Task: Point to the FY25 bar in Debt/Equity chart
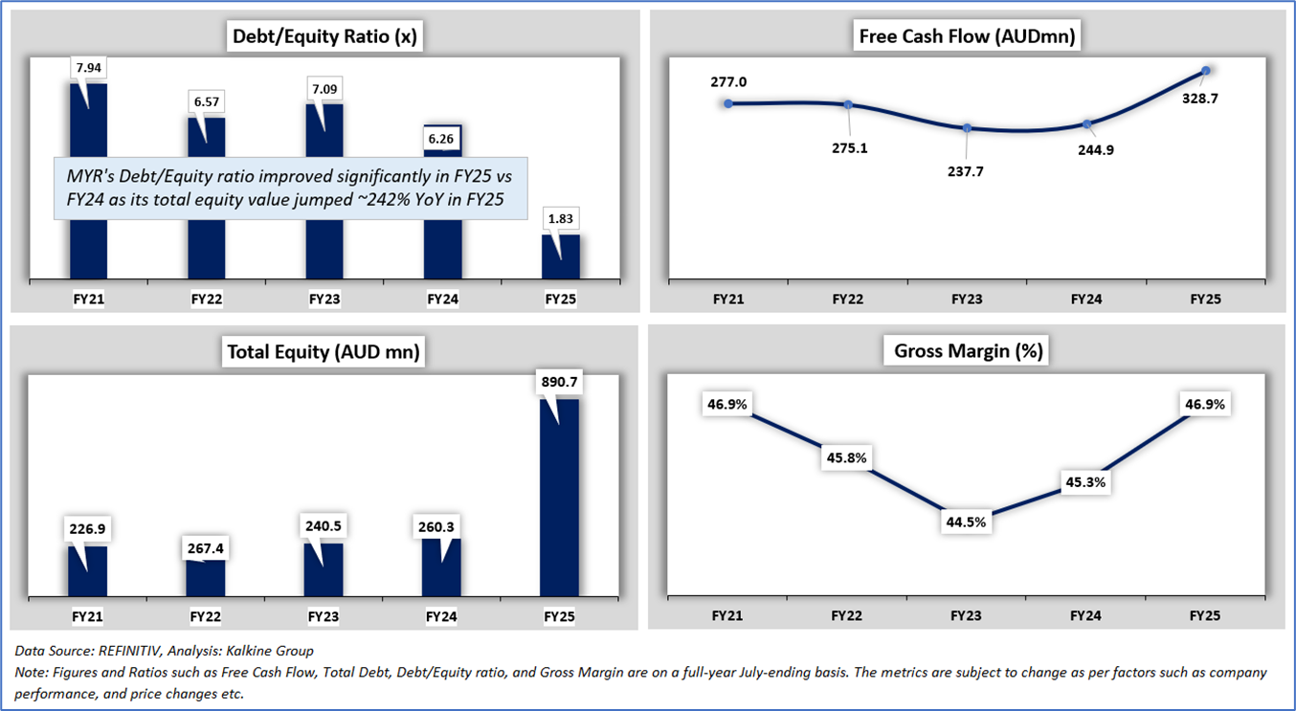pos(561,256)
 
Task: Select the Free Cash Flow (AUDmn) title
pos(967,37)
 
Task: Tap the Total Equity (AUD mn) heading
pos(324,352)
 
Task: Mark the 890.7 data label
pos(560,381)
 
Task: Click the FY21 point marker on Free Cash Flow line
pos(728,103)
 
